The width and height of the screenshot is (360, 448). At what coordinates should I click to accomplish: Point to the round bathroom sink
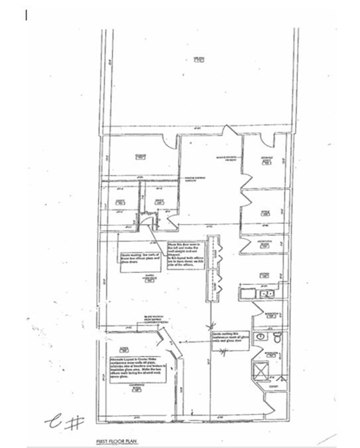point(260,335)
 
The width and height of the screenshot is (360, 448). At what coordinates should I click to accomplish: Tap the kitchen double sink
point(267,292)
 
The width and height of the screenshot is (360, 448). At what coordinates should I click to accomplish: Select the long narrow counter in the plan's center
point(213,268)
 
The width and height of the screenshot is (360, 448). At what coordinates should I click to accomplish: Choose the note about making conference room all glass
point(229,338)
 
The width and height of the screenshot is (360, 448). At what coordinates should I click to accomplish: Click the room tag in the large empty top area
point(197,60)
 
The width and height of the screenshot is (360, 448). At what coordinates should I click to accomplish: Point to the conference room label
point(137,388)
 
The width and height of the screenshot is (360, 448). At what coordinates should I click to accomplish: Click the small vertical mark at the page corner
point(26,15)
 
